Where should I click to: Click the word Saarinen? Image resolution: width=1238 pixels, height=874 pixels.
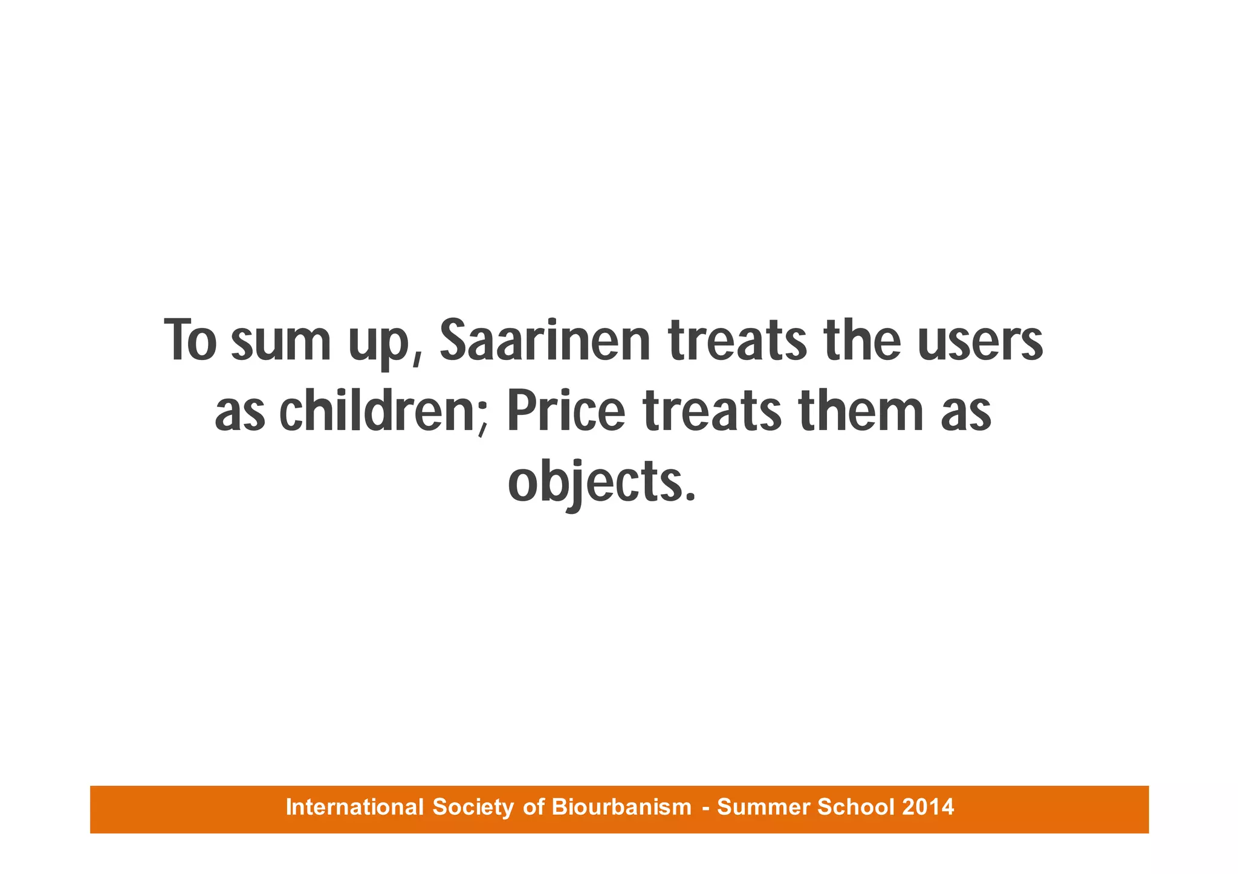click(545, 341)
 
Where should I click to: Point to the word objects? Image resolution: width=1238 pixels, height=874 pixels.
click(592, 484)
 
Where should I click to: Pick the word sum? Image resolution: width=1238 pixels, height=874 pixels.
click(281, 341)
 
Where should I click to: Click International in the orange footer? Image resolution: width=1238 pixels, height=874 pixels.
click(355, 807)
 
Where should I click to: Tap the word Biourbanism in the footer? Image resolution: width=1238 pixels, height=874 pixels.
click(621, 807)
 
